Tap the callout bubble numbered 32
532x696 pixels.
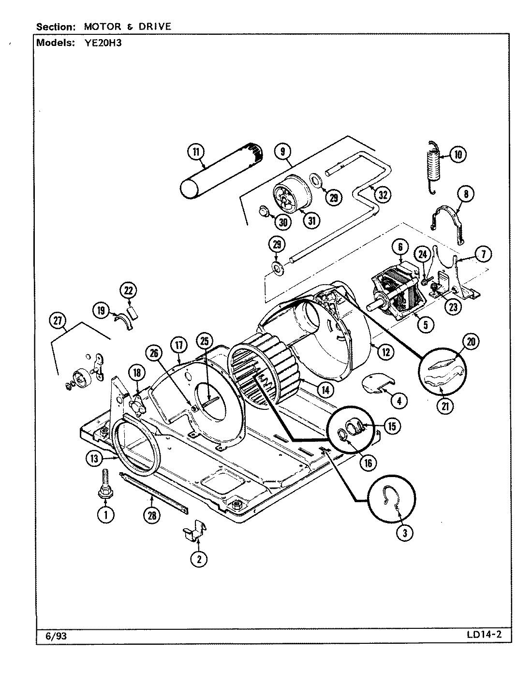[x=383, y=195]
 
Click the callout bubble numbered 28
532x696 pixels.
[x=152, y=515]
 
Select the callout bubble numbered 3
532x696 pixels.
[x=404, y=533]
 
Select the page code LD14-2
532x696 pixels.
[x=484, y=636]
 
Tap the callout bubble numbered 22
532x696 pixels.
[x=128, y=290]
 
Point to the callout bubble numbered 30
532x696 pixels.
[x=283, y=222]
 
